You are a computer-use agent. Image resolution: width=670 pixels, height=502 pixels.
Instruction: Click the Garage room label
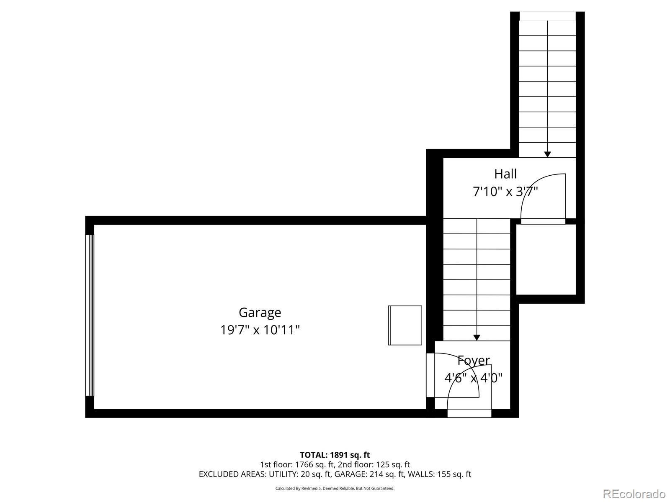point(260,312)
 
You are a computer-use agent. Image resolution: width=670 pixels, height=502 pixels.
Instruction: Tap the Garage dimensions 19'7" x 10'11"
point(260,330)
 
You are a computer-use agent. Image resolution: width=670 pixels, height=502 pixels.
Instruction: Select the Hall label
point(505,174)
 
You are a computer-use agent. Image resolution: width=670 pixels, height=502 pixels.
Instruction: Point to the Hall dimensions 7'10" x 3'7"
point(505,192)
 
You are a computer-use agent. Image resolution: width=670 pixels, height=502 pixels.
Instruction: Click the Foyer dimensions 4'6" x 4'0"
point(473,378)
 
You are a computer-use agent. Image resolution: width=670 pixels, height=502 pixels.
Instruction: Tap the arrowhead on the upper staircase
point(547,154)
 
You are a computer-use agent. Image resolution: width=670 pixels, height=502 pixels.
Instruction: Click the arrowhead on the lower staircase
point(477,337)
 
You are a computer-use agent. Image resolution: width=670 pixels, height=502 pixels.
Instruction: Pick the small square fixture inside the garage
point(405,325)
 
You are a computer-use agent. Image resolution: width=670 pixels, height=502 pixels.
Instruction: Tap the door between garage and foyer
point(430,375)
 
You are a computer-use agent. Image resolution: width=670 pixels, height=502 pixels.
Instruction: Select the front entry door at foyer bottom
point(469,413)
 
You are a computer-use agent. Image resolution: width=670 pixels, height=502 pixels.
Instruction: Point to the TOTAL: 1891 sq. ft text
point(335,455)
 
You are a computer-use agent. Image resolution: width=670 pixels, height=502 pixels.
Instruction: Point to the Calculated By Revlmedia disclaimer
point(335,488)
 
